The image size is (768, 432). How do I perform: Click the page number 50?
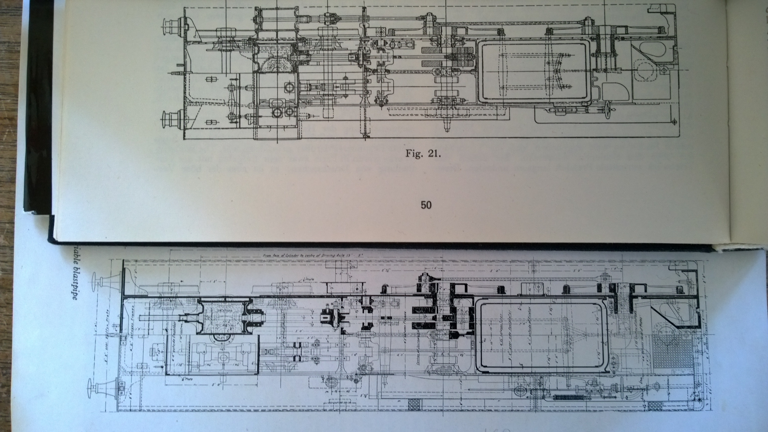426,205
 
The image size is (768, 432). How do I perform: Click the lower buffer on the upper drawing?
172,119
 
